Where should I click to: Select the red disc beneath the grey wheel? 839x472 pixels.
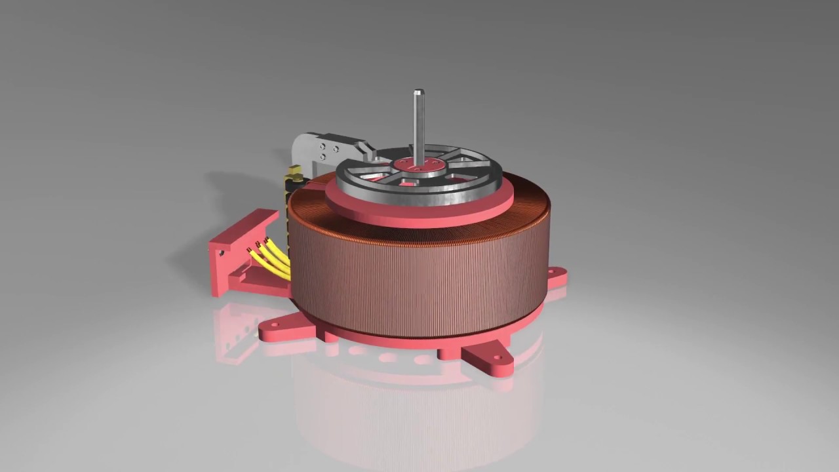click(419, 213)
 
